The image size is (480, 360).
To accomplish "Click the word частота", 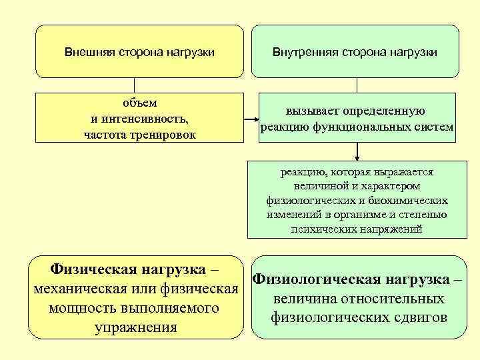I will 105,135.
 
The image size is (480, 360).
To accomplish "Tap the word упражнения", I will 136,327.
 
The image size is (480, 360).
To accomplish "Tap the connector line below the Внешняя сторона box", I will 135,84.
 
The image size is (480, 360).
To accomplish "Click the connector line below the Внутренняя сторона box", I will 357,84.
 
